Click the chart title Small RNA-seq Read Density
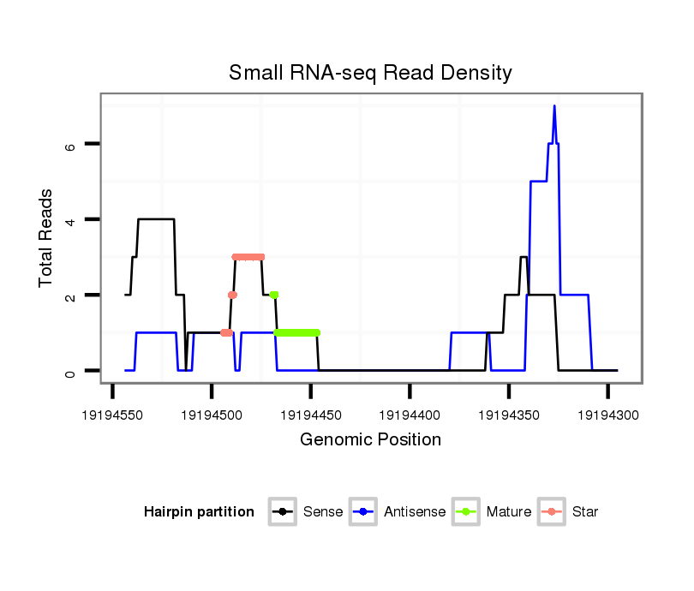point(370,73)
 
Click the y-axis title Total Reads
point(46,238)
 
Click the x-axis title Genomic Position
point(370,440)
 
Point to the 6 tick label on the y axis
point(70,145)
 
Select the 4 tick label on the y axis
point(70,220)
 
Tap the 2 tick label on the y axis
point(70,295)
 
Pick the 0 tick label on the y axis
point(70,371)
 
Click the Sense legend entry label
point(323,512)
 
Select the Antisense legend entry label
point(415,512)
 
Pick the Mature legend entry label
point(509,512)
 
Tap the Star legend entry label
point(585,512)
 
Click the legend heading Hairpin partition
point(199,512)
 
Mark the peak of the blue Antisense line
point(554,106)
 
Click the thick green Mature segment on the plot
point(296,332)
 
